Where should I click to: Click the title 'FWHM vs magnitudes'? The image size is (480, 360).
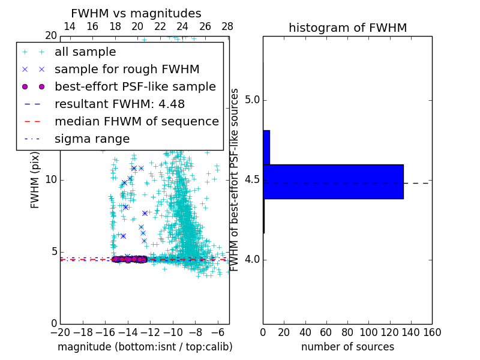tap(136, 13)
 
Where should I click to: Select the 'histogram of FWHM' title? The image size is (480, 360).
tap(347, 28)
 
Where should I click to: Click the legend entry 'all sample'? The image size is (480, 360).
tap(85, 52)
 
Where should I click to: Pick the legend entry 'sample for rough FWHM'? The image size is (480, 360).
tap(127, 69)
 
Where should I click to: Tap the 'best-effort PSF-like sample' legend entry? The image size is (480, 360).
tap(135, 86)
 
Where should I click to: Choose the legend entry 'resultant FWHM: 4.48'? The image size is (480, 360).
tap(119, 104)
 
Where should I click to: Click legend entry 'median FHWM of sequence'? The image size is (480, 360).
tap(136, 121)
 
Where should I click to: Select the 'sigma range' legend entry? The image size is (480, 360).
tap(92, 139)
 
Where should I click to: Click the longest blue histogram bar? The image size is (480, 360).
tap(333, 181)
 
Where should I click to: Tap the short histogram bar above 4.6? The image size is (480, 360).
tap(266, 147)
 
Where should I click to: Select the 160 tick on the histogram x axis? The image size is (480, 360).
tap(432, 332)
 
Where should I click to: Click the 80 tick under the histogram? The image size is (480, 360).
tap(347, 332)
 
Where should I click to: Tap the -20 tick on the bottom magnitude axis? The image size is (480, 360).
tap(60, 332)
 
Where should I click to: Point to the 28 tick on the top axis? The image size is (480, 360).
tap(227, 26)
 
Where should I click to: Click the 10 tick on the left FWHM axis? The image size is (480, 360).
tap(51, 180)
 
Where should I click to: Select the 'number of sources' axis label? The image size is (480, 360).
tap(347, 347)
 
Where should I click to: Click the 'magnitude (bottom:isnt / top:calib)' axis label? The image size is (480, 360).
tap(145, 347)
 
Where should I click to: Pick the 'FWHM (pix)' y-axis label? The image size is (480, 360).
tap(35, 180)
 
